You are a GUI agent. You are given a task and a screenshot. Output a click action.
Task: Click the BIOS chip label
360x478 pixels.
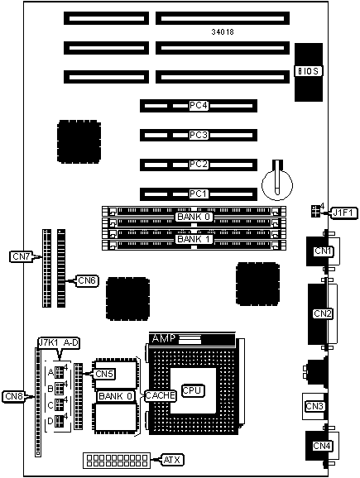(x=309, y=71)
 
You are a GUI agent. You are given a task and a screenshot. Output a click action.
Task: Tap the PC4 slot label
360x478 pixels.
(x=199, y=106)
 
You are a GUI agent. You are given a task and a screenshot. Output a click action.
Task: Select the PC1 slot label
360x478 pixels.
(x=199, y=194)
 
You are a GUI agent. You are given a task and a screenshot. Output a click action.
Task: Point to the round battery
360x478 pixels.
(x=277, y=184)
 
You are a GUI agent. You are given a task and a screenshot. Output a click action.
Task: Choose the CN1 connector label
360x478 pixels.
(x=323, y=251)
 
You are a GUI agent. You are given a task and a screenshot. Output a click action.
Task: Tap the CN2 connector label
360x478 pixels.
(x=323, y=313)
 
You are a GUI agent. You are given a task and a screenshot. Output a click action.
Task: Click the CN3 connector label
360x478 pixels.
(x=314, y=406)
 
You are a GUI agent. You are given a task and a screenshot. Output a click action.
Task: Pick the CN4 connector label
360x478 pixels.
(x=322, y=446)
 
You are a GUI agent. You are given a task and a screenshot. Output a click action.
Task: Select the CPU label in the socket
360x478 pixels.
(x=193, y=390)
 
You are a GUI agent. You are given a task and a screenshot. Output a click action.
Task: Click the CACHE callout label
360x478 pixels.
(x=161, y=395)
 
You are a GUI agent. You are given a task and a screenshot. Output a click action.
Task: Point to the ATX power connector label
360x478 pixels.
(x=172, y=460)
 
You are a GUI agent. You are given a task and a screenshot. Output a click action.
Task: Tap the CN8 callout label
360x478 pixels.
(x=14, y=396)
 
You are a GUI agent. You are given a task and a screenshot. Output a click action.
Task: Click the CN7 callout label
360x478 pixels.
(x=21, y=256)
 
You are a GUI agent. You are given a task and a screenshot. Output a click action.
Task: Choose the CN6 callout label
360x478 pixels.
(x=87, y=281)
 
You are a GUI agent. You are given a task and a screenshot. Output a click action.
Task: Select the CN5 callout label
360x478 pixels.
(x=104, y=374)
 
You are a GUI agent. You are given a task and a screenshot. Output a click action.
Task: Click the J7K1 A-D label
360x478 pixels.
(x=58, y=343)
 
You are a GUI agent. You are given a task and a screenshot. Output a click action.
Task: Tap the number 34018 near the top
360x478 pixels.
(x=223, y=31)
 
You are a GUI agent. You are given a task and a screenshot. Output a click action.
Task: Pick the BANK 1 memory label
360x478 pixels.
(x=194, y=239)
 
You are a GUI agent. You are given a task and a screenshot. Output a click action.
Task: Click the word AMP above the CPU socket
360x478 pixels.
(x=164, y=338)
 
